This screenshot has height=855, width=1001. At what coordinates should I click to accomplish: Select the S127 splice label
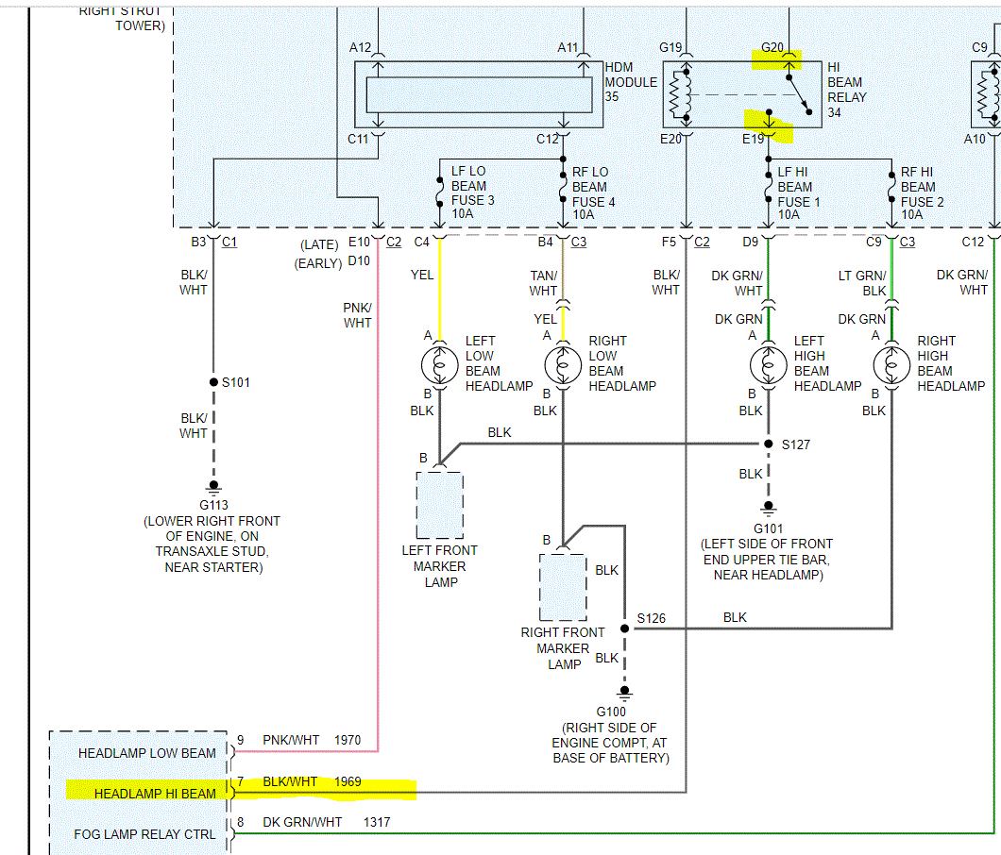pos(796,444)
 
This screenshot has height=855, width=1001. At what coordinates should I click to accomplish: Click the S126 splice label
pos(651,618)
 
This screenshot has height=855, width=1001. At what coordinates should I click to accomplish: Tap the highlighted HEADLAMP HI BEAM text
pos(155,794)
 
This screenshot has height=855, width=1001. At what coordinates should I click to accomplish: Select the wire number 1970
pos(348,741)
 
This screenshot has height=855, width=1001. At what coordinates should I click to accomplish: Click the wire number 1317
pos(377,823)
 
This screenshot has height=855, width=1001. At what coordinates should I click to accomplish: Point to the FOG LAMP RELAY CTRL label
pos(146,834)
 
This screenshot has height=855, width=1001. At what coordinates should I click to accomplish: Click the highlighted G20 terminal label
pos(772,47)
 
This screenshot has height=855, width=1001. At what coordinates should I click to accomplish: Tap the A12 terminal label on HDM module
pos(360,47)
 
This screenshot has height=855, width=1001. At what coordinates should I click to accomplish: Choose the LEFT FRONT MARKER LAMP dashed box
pos(440,504)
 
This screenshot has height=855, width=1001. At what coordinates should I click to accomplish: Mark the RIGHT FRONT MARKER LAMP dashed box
pos(563,586)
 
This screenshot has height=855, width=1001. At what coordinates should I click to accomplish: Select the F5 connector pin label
pos(669,243)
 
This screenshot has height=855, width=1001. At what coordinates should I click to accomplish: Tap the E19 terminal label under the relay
pos(753,138)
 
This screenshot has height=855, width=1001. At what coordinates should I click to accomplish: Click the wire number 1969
pos(348,781)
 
